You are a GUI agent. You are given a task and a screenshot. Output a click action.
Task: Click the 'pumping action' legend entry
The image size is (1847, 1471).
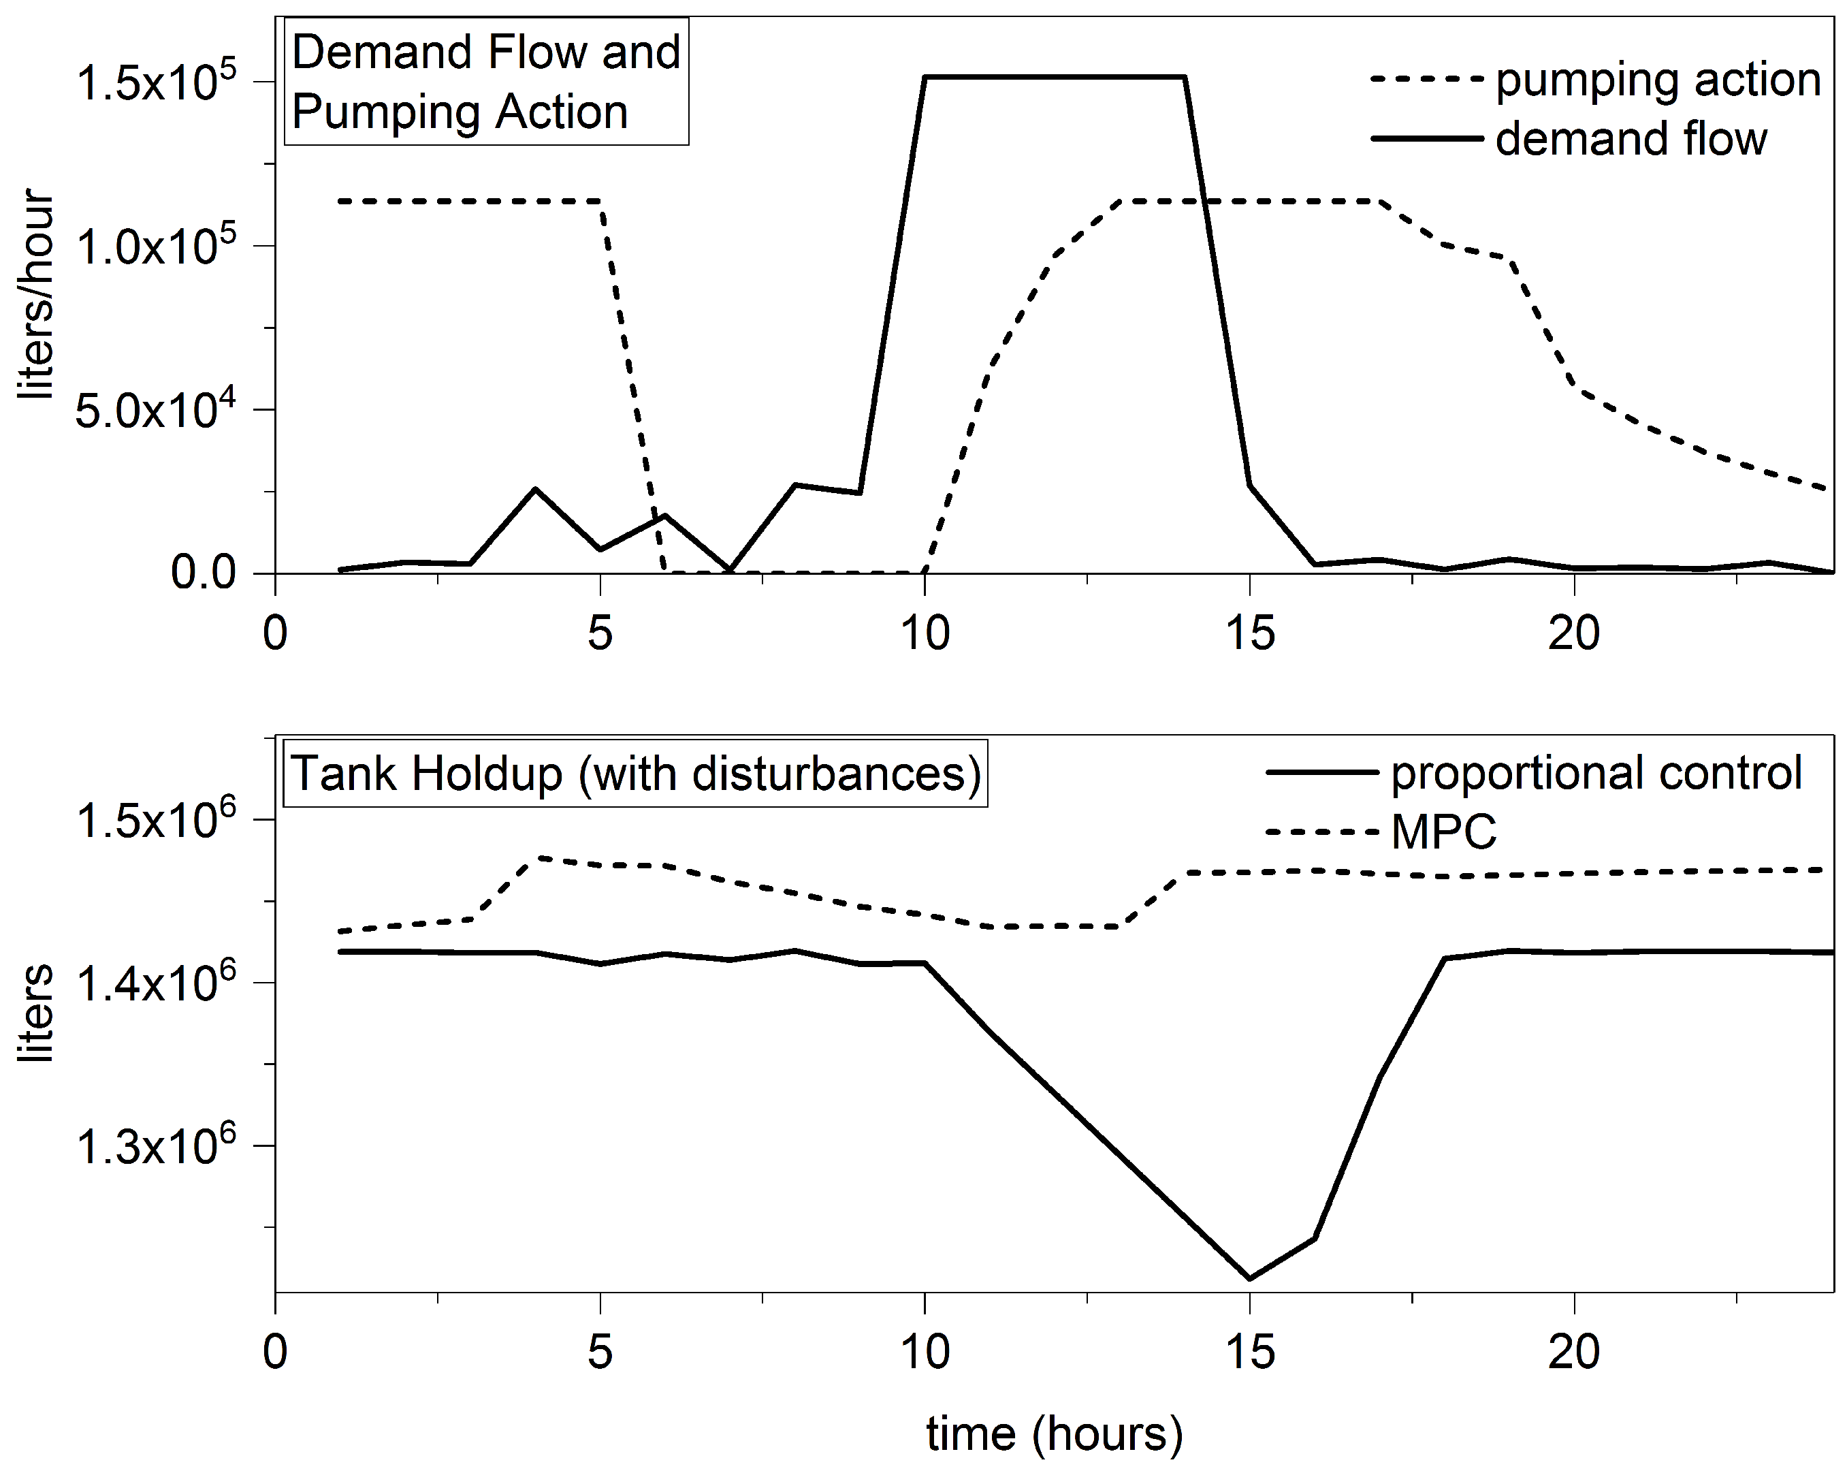click(1658, 80)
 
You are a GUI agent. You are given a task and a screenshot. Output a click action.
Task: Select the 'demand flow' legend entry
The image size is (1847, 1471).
click(1631, 139)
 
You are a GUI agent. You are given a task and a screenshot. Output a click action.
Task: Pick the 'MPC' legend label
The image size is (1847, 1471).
click(1443, 831)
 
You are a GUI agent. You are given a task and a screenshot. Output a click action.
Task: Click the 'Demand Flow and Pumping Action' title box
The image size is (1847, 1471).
click(485, 82)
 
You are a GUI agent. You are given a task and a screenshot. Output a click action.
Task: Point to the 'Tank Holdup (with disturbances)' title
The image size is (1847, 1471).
click(636, 774)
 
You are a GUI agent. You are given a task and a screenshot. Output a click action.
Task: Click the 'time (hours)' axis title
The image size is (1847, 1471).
click(1054, 1432)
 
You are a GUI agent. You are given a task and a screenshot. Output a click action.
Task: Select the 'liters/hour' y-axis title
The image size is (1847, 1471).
click(36, 296)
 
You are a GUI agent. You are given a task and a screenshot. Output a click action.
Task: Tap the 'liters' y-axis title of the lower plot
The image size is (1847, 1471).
click(36, 1013)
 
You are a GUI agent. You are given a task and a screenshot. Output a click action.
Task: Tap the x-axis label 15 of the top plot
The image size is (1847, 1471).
click(1250, 634)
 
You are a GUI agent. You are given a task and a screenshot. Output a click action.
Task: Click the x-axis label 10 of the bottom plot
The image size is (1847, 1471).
click(925, 1353)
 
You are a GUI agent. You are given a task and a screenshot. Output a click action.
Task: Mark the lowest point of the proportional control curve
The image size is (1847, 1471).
click(1250, 1279)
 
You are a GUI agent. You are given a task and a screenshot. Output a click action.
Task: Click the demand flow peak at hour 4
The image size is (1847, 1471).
click(535, 489)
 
